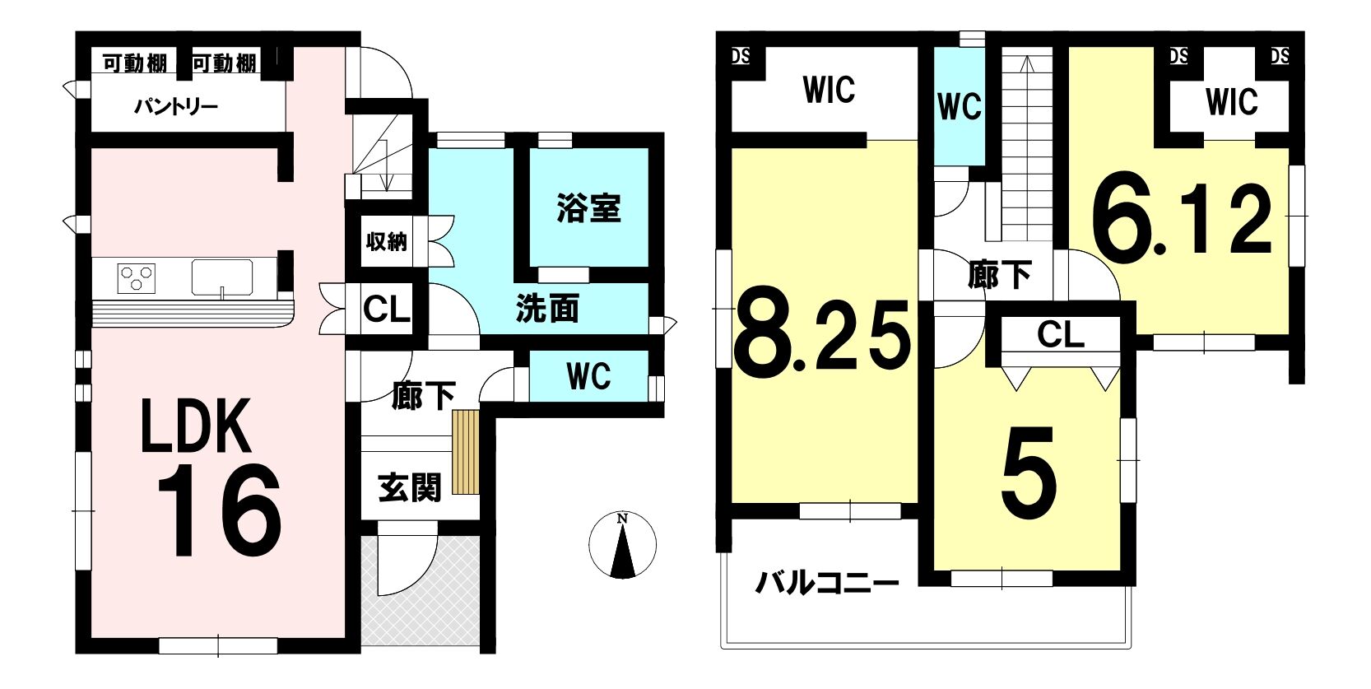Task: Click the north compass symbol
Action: (x=622, y=544)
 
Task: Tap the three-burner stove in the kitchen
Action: (x=136, y=279)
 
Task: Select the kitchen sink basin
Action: (x=222, y=277)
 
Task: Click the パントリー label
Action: (x=176, y=107)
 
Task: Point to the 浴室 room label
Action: (x=588, y=207)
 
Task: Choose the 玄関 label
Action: (x=410, y=488)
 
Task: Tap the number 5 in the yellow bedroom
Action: (x=1029, y=473)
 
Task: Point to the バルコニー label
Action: (x=827, y=583)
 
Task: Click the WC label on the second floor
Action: (x=960, y=107)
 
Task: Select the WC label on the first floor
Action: (x=588, y=376)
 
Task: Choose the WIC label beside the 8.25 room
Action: (x=830, y=90)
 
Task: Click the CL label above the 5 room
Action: (x=1061, y=335)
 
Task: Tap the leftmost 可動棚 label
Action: (x=134, y=63)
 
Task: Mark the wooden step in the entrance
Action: (x=466, y=452)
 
